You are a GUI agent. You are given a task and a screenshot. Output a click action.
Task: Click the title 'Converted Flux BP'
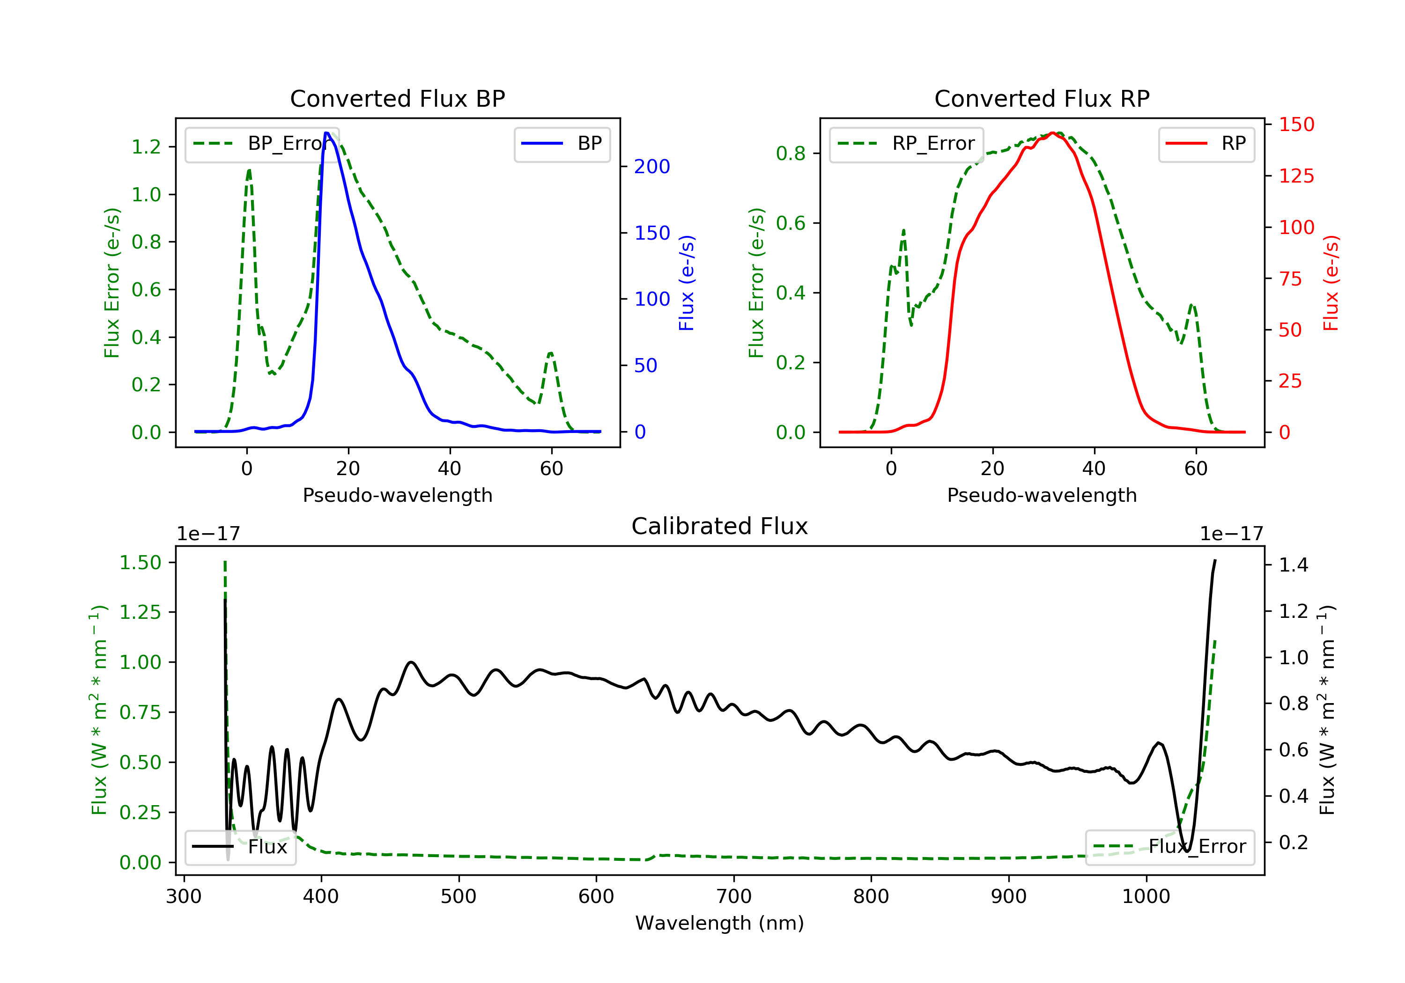397,98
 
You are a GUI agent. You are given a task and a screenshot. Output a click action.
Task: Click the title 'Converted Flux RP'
1042,98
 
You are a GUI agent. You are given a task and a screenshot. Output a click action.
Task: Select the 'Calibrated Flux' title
720,526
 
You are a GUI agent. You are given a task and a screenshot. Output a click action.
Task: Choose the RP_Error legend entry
906,144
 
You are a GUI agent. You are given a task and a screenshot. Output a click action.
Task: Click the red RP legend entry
1206,144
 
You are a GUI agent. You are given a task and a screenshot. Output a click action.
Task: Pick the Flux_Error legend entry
1169,847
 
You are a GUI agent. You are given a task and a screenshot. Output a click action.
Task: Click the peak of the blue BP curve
327,133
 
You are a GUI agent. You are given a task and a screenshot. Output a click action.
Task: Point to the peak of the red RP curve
1052,133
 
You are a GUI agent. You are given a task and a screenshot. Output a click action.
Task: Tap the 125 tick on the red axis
1296,176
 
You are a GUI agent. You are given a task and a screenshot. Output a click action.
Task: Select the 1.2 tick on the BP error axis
146,147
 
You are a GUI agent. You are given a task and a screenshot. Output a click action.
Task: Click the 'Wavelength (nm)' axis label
720,923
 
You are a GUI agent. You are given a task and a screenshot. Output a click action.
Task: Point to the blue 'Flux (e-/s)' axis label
687,283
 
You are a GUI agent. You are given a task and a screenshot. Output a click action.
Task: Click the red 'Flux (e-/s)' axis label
1331,283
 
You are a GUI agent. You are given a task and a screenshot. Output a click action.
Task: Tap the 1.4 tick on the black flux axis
1294,565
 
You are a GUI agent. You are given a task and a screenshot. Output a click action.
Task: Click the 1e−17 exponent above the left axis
208,534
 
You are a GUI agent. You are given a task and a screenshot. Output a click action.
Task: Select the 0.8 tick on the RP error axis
791,154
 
